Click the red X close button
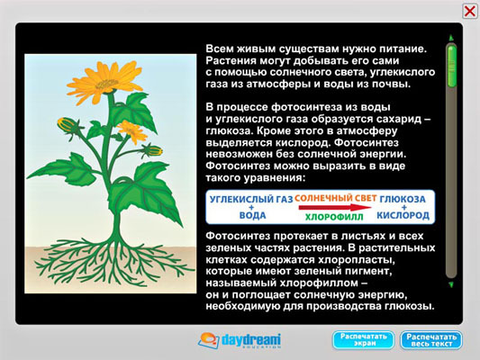tap(469, 12)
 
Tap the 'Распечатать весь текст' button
tap(431, 340)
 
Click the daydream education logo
tap(240, 340)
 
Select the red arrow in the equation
tap(335, 207)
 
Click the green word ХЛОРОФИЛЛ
tap(334, 217)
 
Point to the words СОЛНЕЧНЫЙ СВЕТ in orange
tap(336, 198)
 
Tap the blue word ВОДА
tap(252, 215)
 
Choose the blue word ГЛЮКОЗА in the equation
tap(403, 199)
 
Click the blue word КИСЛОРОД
tap(403, 215)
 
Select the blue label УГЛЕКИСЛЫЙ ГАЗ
tap(251, 200)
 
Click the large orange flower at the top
tap(105, 80)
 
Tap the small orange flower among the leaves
tap(132, 131)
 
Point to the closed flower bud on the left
tap(68, 125)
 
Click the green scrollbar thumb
tap(451, 66)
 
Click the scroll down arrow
tap(451, 284)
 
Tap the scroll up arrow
tap(451, 38)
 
